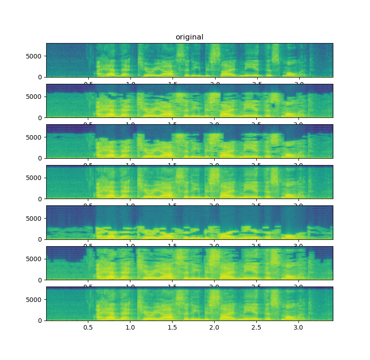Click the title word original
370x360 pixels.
189,37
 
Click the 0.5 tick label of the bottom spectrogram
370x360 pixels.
88,327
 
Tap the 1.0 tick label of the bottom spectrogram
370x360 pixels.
130,327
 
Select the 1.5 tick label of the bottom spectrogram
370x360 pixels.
173,327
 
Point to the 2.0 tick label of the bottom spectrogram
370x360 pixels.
214,327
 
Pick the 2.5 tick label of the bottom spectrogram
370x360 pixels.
256,327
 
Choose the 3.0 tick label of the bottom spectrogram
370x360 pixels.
298,327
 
